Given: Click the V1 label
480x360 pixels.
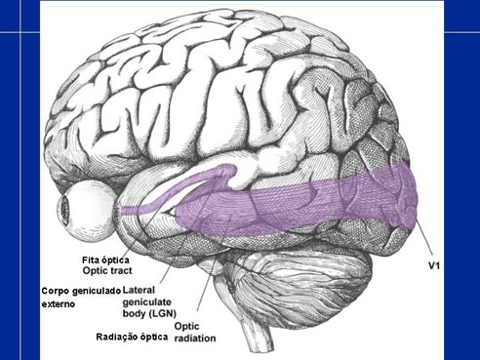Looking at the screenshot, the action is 434,265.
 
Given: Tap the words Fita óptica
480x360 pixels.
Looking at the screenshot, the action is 105,260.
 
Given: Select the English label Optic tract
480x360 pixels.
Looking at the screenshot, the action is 107,270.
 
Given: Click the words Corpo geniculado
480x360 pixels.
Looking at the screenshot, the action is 81,291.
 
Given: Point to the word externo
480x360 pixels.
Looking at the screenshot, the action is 59,304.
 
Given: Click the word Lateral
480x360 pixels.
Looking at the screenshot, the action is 139,290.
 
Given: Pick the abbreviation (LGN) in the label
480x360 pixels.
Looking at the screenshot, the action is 163,314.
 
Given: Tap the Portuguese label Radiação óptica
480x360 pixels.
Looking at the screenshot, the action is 132,337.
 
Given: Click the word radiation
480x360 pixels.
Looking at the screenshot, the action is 195,339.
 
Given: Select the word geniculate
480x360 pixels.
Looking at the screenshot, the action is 146,302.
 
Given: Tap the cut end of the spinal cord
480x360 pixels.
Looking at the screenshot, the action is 261,348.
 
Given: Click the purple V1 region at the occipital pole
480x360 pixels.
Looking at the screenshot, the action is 403,195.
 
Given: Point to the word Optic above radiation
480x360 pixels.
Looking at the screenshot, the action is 186,326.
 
